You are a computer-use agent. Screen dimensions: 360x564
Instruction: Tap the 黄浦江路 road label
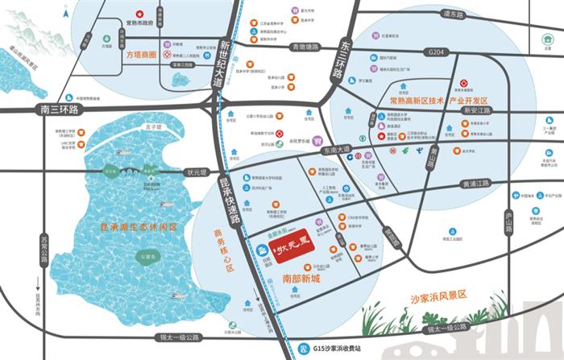[x=475, y=184]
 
